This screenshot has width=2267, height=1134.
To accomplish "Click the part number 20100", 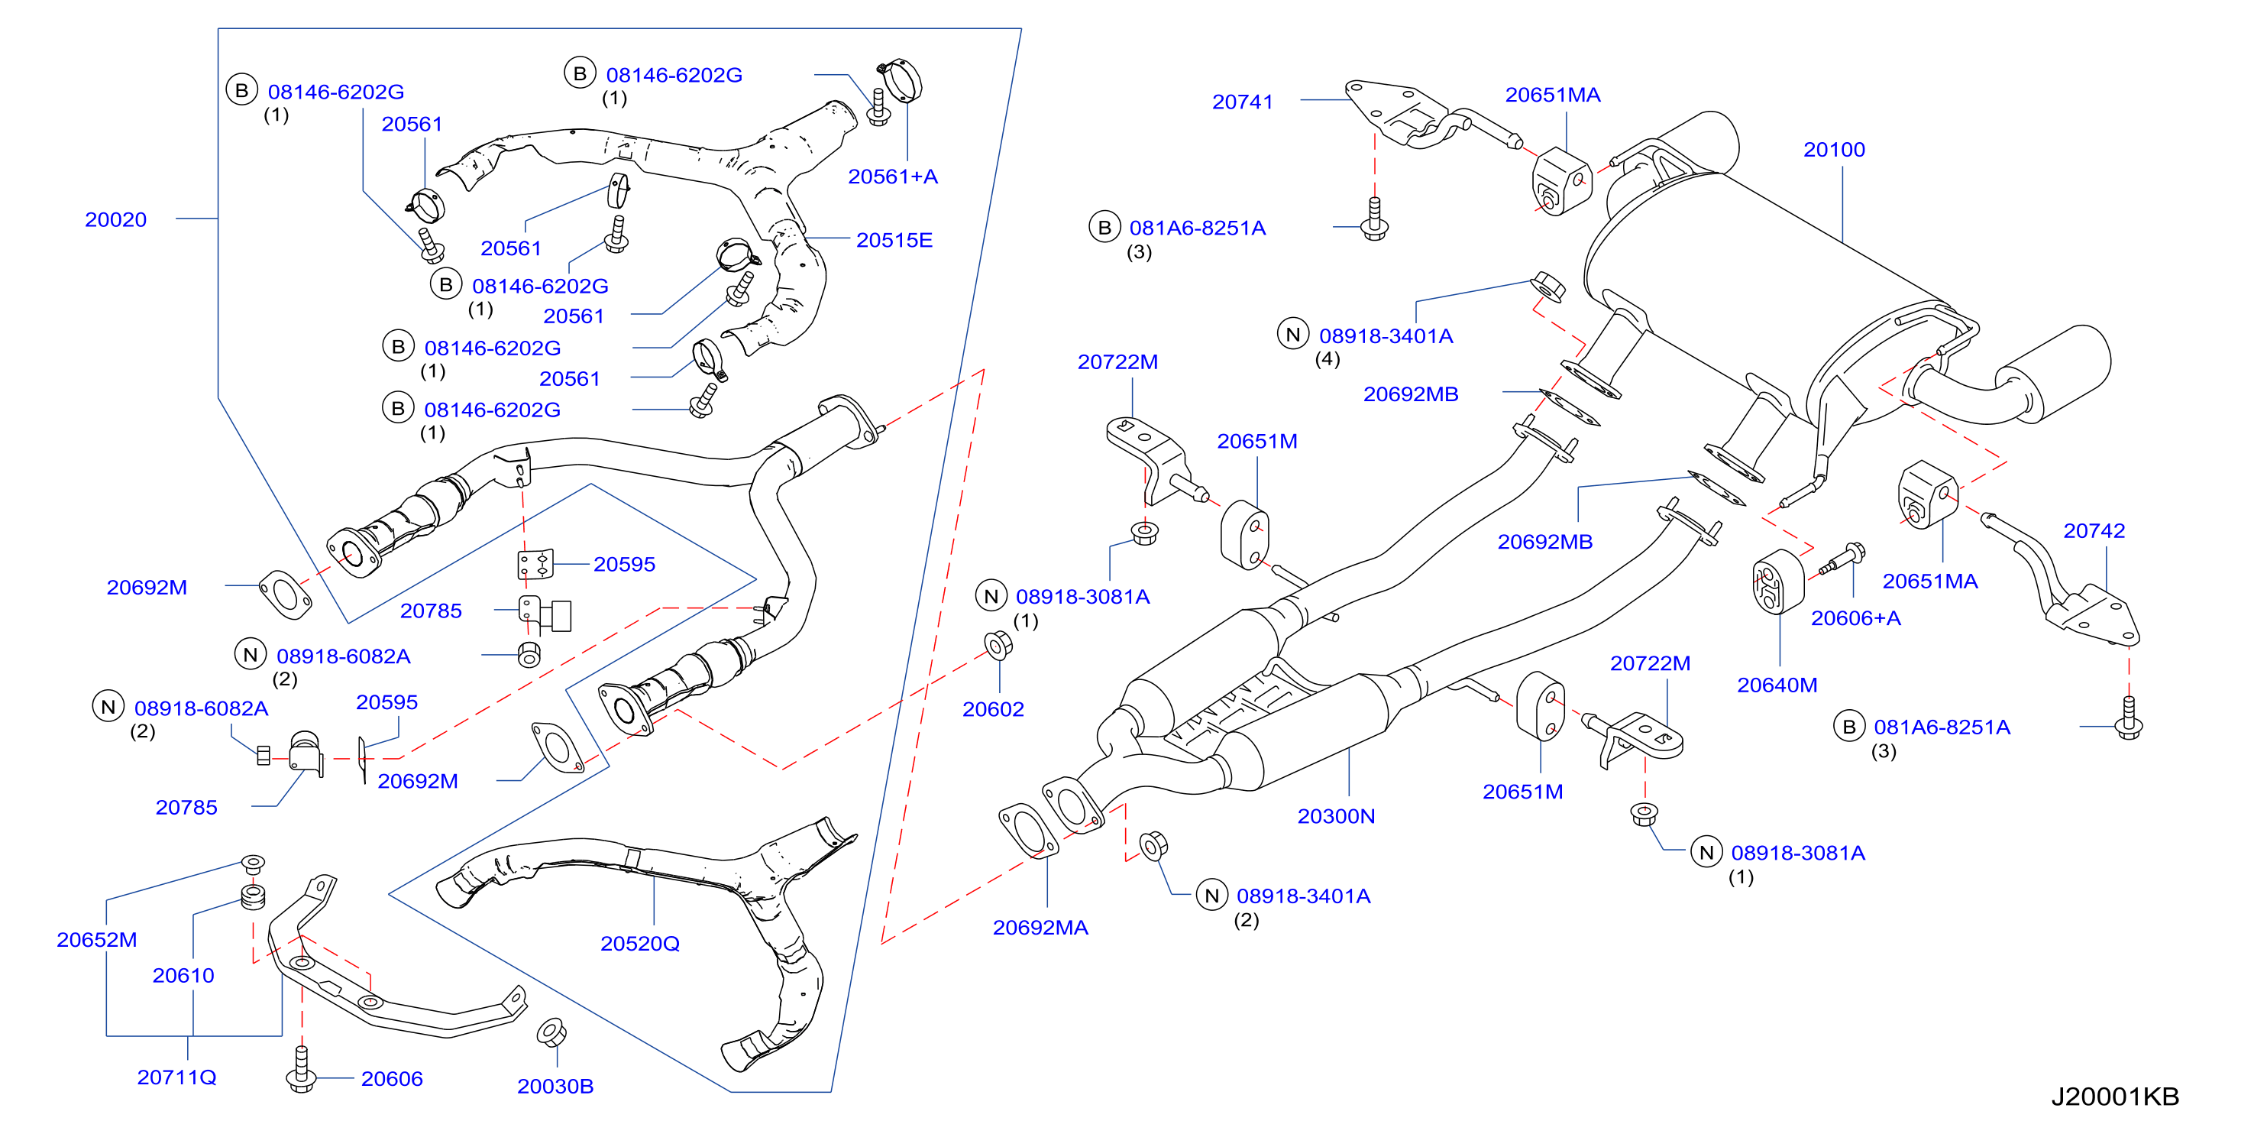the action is (1834, 150).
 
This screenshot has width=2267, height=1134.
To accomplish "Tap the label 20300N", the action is (1336, 816).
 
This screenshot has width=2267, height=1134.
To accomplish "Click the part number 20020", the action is (115, 219).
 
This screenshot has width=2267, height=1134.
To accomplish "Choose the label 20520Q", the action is (640, 943).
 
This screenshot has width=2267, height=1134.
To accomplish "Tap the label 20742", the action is (2094, 530).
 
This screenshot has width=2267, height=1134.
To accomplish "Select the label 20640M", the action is (1777, 684).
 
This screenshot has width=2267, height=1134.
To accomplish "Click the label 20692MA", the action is (1040, 927).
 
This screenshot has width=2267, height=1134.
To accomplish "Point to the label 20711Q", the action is (177, 1077).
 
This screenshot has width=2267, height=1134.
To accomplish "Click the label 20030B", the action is (555, 1086).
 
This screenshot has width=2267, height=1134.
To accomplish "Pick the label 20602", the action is (993, 709).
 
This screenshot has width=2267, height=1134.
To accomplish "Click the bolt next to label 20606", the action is (301, 1070).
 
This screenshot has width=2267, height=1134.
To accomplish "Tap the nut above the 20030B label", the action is (551, 1031).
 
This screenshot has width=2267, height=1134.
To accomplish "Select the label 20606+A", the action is (1855, 618).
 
